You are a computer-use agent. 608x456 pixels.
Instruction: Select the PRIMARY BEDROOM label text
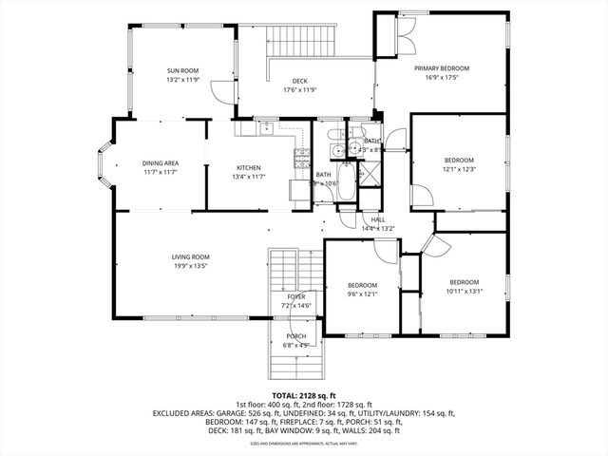444,69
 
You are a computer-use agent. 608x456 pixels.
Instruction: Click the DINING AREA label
161,163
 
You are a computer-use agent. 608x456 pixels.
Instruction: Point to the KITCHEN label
249,168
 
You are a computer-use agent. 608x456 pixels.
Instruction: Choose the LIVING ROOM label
190,256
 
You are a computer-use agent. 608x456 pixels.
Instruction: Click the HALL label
378,219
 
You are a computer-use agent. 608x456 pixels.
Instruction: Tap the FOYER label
296,297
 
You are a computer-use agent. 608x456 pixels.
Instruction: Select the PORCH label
295,336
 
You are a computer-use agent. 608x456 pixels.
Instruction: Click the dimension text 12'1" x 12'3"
459,168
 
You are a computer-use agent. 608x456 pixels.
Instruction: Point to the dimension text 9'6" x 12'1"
361,294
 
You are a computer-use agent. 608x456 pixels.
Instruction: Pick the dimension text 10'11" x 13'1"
464,291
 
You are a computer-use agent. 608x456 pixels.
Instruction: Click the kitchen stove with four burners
303,157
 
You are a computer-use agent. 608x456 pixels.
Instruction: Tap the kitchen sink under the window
267,126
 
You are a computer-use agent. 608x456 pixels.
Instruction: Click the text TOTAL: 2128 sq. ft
304,395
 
